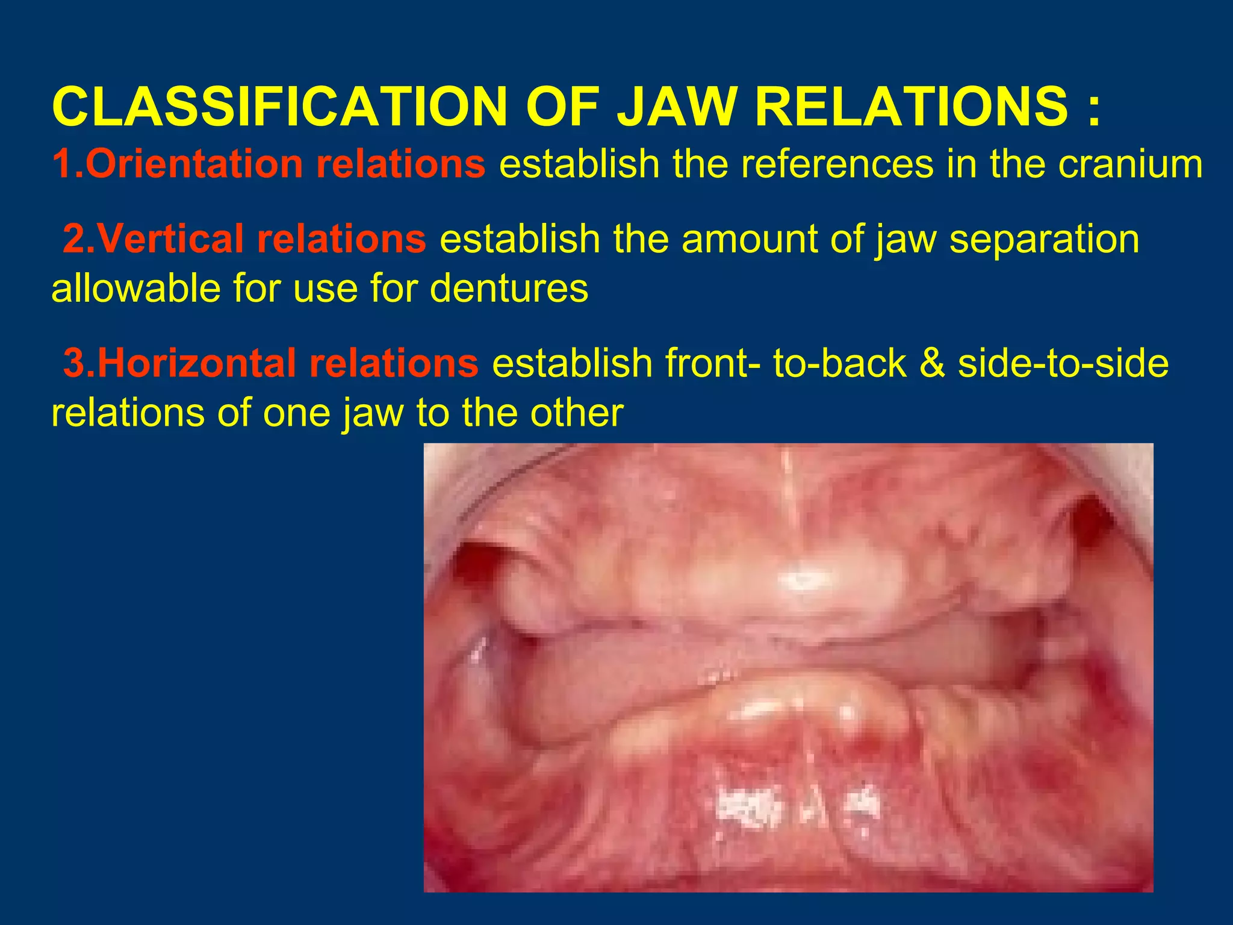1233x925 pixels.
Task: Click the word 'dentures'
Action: [509, 288]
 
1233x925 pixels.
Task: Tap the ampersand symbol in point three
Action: [932, 364]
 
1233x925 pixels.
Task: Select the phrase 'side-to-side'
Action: [1063, 364]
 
